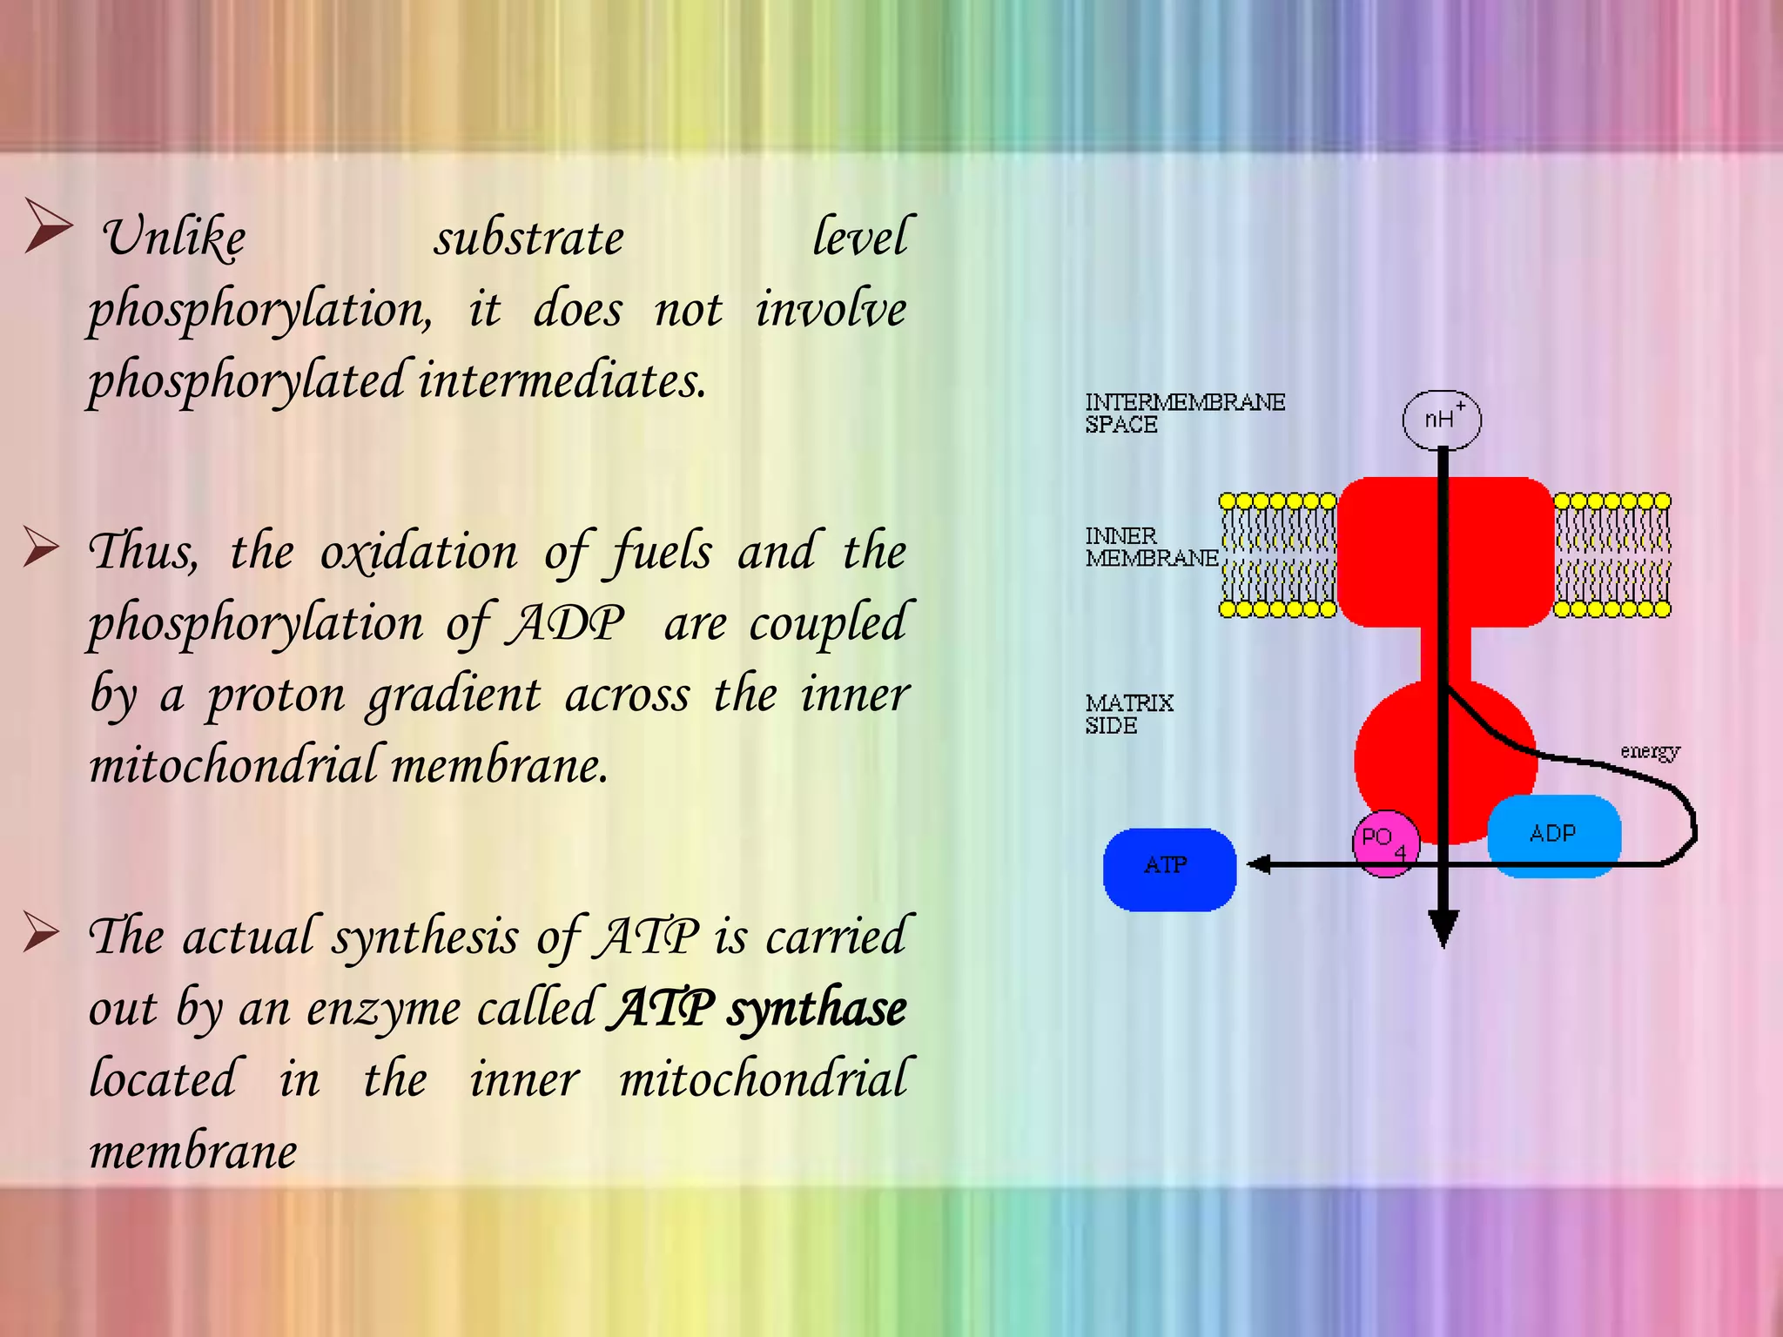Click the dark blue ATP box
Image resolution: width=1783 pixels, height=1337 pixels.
tap(1169, 869)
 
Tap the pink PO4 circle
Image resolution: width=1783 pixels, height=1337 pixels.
tap(1385, 843)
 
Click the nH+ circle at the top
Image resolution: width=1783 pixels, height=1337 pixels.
tap(1441, 420)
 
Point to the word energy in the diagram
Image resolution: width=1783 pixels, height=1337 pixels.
tap(1649, 751)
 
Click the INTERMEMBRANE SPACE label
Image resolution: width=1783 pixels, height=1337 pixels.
tap(1184, 413)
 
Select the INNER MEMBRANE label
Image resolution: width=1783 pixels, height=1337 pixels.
tap(1150, 547)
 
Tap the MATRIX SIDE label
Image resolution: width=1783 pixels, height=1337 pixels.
tap(1128, 714)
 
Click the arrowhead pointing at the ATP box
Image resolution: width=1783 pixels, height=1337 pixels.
tap(1259, 864)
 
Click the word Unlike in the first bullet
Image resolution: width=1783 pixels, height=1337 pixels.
tap(174, 238)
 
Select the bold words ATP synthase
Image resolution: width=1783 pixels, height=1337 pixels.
tap(757, 1009)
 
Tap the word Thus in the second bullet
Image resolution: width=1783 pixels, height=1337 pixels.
tap(144, 552)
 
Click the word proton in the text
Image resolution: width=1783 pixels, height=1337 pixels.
tap(276, 695)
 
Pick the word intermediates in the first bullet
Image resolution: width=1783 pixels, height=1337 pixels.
tap(562, 381)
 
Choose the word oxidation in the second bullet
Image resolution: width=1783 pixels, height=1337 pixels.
tap(419, 552)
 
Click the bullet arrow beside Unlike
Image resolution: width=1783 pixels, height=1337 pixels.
tap(47, 225)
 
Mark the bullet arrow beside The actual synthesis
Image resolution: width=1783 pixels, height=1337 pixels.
tap(41, 932)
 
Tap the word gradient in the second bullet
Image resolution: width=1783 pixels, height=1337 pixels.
tap(454, 695)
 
